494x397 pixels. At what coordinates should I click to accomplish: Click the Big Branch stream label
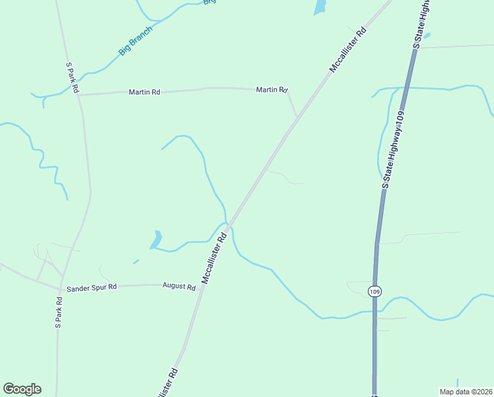135,40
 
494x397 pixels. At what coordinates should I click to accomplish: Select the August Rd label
179,287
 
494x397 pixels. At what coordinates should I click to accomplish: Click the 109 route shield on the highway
375,291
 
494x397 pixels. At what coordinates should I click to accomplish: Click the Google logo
22,389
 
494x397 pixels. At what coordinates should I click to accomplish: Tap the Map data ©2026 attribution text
466,391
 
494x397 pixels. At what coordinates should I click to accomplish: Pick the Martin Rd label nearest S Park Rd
145,92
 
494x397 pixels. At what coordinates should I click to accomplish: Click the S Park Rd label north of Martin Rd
73,77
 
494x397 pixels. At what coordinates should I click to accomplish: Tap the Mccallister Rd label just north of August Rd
215,257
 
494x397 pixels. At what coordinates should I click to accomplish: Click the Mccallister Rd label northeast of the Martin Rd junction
347,50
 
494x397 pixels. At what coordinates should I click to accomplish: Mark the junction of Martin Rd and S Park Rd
79,95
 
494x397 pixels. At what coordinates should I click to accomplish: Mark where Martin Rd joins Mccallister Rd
297,117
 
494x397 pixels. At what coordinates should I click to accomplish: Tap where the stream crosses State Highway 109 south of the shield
374,310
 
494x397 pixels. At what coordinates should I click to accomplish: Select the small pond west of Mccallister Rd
157,238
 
